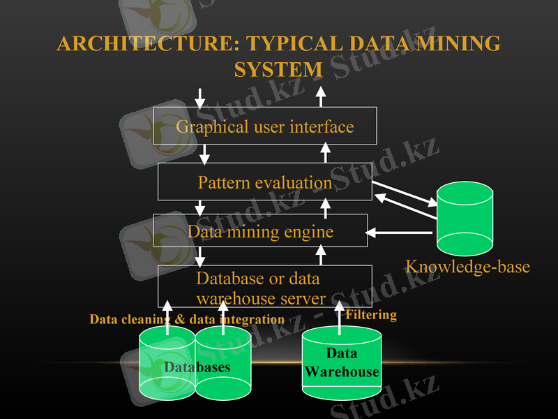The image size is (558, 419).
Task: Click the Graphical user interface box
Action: pos(264,126)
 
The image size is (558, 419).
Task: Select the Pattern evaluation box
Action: pos(264,182)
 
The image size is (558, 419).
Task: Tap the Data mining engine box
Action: pos(260,230)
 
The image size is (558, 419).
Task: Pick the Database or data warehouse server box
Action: pos(264,287)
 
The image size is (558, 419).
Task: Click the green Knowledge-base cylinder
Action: pos(465,219)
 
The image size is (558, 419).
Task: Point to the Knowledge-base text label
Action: pos(467,267)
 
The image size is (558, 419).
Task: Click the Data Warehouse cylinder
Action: pos(342,363)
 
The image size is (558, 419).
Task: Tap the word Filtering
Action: pos(371,315)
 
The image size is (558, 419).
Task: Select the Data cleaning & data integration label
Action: pos(187,319)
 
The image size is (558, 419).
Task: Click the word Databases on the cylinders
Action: pos(197,367)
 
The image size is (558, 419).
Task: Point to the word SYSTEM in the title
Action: pos(278,70)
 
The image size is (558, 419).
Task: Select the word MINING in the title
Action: pos(460,44)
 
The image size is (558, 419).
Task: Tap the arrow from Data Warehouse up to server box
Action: pos(340,315)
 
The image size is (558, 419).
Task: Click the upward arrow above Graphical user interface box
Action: pos(321,97)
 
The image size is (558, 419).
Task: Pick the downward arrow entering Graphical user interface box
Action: pos(201,97)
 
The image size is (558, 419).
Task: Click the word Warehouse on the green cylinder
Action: pos(342,372)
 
